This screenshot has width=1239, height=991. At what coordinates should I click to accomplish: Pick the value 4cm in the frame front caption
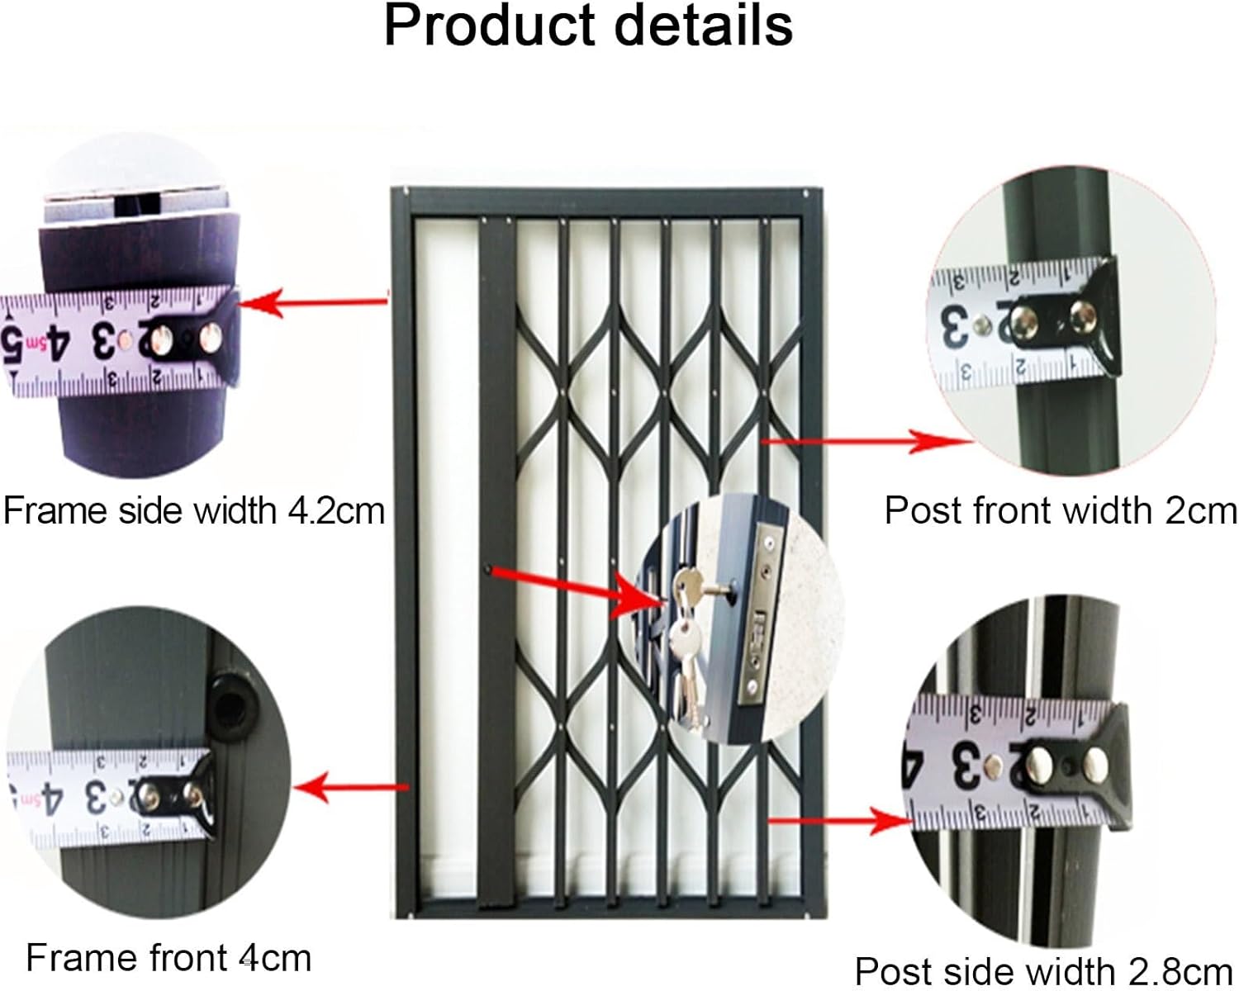275,959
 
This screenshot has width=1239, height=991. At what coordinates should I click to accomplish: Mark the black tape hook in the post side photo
1106,764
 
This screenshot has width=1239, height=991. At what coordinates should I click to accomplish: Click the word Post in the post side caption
887,971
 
